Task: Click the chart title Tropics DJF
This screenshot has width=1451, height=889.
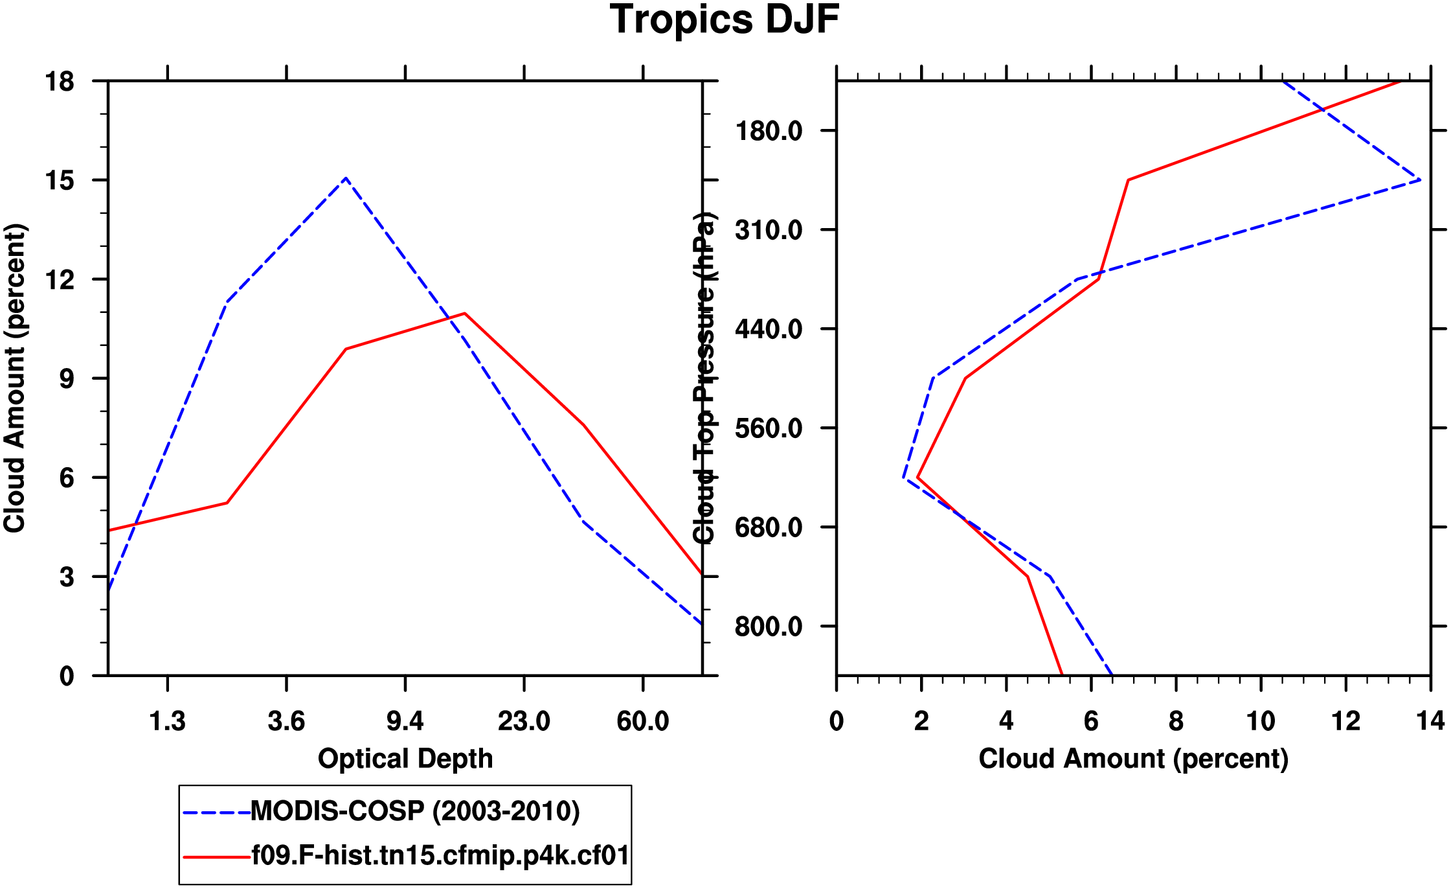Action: (724, 19)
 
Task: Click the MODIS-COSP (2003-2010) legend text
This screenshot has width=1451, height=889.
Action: (414, 811)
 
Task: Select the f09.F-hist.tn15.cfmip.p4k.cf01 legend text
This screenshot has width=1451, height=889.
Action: (440, 856)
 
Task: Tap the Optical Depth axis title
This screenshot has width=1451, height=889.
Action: (405, 758)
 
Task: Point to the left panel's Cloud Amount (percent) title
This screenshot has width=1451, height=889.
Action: (14, 378)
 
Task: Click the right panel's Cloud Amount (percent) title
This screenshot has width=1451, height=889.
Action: (1133, 758)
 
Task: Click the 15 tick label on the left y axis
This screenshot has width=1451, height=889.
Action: (60, 180)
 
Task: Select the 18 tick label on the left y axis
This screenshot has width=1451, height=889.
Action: (60, 82)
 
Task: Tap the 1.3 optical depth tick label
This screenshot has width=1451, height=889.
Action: (168, 721)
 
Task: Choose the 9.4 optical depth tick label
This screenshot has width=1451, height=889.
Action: (405, 721)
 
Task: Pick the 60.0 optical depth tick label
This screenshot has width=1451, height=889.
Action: (642, 721)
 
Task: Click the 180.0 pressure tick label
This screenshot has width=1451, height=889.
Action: (769, 131)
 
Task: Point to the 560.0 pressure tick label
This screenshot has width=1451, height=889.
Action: (769, 428)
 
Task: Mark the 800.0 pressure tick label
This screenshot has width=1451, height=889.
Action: (769, 627)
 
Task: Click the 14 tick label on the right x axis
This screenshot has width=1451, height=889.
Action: (1430, 721)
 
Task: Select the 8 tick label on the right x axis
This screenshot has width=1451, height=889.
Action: (1176, 721)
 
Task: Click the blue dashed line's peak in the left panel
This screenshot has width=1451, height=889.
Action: (346, 178)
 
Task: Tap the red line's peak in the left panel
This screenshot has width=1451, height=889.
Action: (465, 314)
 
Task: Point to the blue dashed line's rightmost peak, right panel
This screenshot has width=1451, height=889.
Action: (1419, 179)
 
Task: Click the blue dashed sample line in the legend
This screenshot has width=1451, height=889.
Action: (216, 812)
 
